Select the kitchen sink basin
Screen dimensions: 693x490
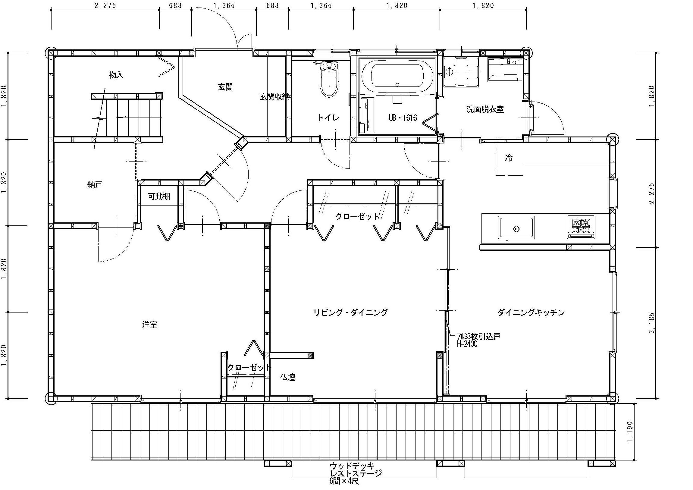point(516,227)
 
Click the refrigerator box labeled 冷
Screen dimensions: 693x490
point(510,159)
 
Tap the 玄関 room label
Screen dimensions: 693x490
point(225,87)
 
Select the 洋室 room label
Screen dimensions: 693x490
point(150,325)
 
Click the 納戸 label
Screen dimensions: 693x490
point(95,185)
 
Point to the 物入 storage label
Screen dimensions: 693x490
point(116,75)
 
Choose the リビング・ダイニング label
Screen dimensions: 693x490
point(350,312)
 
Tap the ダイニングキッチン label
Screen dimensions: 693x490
point(531,312)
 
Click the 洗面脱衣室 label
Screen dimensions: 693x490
point(485,109)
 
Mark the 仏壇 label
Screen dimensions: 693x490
point(288,377)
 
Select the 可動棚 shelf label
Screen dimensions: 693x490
point(159,196)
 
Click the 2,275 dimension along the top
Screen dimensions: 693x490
point(105,6)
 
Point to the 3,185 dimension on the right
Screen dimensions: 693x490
point(652,323)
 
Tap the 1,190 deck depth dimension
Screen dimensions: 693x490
point(631,432)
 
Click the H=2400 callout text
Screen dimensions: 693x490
point(468,344)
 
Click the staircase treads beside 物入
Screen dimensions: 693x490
point(134,118)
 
